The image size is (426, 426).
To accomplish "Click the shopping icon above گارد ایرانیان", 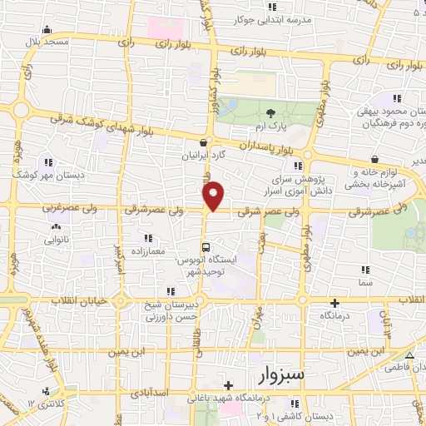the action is [x=205, y=141].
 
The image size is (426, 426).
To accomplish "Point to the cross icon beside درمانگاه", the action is [x=334, y=303].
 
